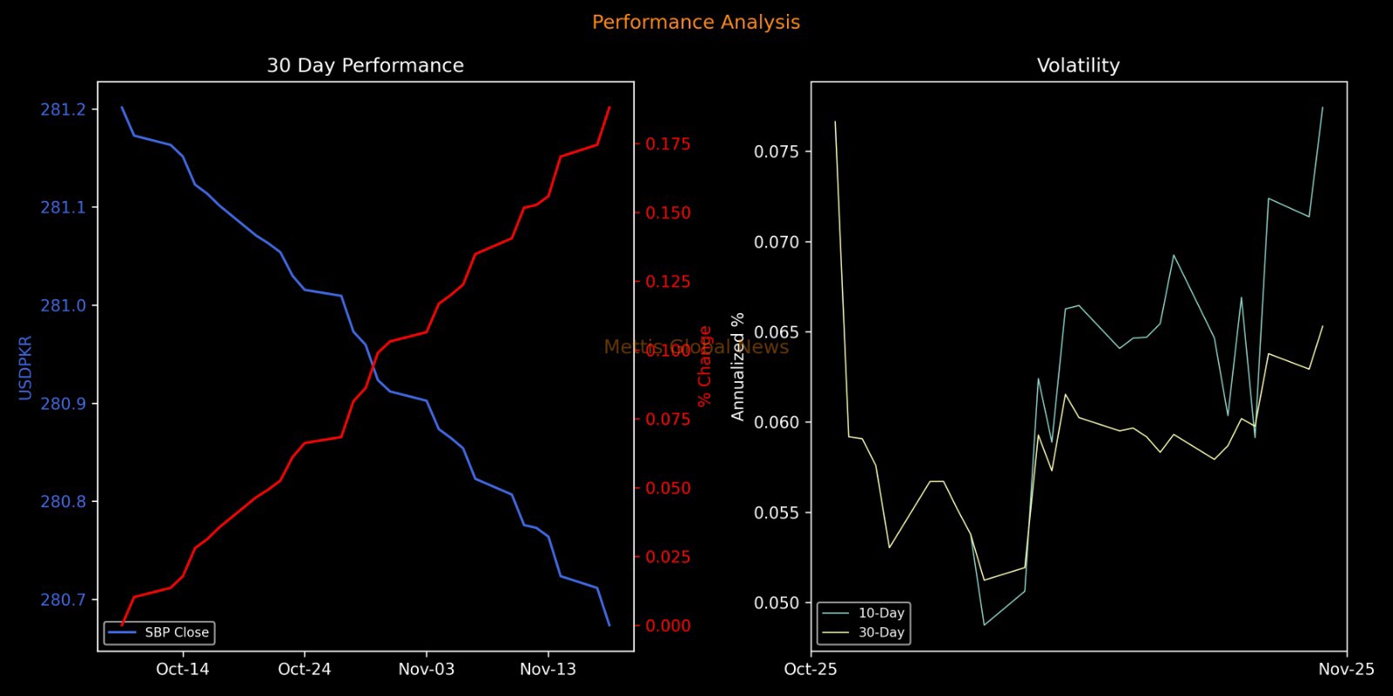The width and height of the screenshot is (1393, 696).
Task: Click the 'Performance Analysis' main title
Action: click(696, 23)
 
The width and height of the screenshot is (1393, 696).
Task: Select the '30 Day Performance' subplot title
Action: click(365, 66)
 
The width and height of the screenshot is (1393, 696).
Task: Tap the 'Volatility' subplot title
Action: click(1078, 66)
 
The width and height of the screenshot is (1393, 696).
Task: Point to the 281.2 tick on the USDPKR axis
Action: click(64, 110)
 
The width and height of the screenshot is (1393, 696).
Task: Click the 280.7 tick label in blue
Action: click(64, 600)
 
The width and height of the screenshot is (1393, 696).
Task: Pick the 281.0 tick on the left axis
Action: click(64, 306)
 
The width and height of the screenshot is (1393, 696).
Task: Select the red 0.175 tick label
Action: click(668, 144)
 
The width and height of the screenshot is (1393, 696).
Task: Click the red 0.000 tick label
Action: click(668, 626)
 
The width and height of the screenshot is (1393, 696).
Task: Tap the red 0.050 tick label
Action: click(668, 488)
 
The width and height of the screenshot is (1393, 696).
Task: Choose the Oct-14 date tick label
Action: click(183, 669)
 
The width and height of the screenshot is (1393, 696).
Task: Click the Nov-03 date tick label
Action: click(426, 669)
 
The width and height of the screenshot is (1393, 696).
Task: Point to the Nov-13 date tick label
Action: click(548, 669)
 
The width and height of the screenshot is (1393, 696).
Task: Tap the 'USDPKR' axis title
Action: click(25, 367)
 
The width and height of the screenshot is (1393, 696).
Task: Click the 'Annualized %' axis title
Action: click(738, 366)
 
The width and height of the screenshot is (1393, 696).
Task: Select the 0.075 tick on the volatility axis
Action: click(777, 152)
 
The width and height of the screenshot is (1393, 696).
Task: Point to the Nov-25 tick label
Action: click(1346, 669)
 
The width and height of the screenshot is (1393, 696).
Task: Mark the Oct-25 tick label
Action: click(811, 669)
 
